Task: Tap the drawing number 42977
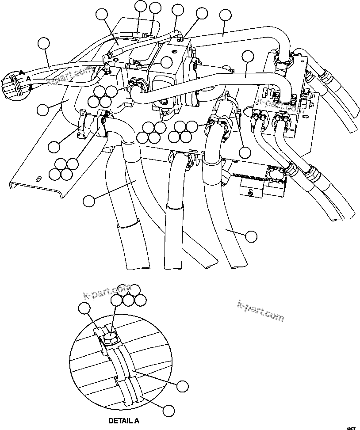click(352, 427)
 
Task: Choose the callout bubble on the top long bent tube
click(226, 15)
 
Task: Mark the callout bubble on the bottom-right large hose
click(251, 236)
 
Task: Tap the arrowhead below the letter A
click(30, 87)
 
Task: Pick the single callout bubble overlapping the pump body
click(166, 62)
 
